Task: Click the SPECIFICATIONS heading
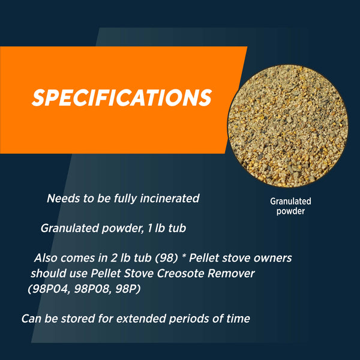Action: (x=122, y=97)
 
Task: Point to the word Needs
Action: (x=62, y=198)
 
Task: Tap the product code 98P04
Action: (x=49, y=289)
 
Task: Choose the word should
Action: (x=49, y=274)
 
